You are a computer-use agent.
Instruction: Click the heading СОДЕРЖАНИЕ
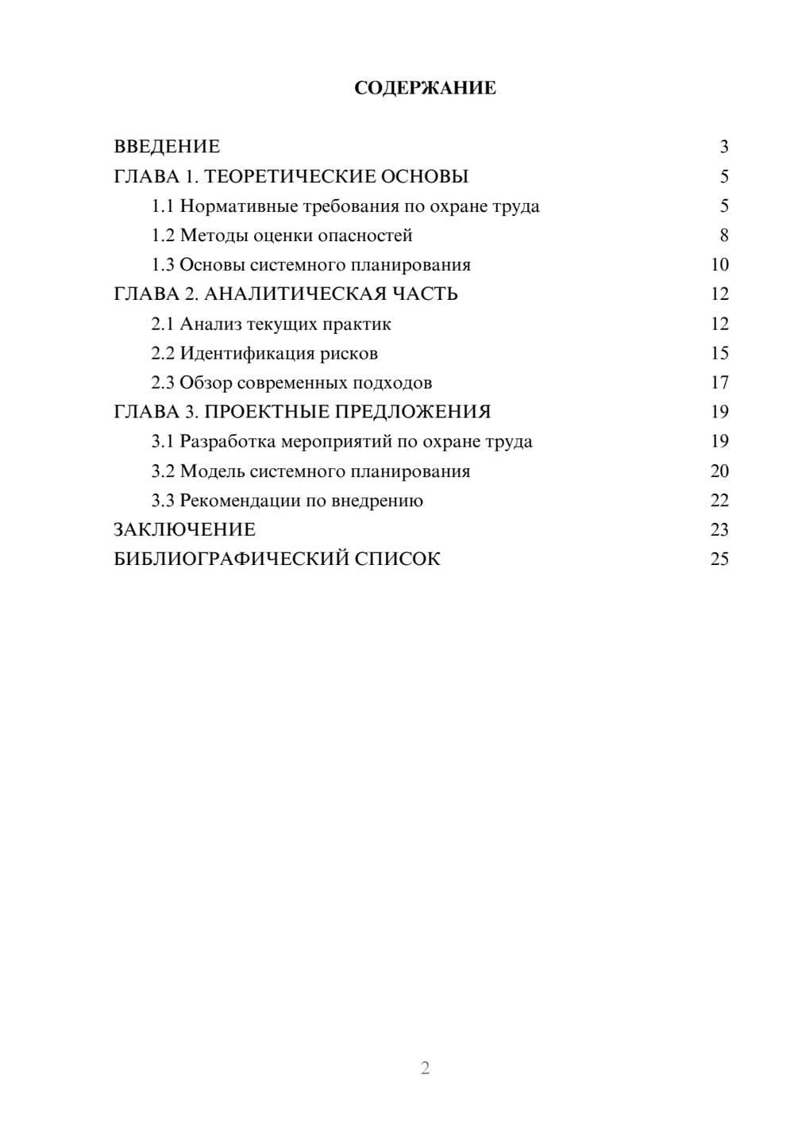425,88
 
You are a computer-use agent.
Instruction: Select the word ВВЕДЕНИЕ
167,147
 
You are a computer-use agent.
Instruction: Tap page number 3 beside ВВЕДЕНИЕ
723,147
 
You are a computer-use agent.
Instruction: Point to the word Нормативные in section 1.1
239,206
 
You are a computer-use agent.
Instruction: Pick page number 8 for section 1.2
723,236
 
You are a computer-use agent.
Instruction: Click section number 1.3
163,265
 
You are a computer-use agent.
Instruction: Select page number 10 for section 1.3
719,265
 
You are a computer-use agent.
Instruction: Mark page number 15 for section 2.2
719,353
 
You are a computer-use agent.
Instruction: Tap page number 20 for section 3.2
719,471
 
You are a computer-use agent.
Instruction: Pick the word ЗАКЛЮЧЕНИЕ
184,529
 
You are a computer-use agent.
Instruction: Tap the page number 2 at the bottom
425,1068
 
